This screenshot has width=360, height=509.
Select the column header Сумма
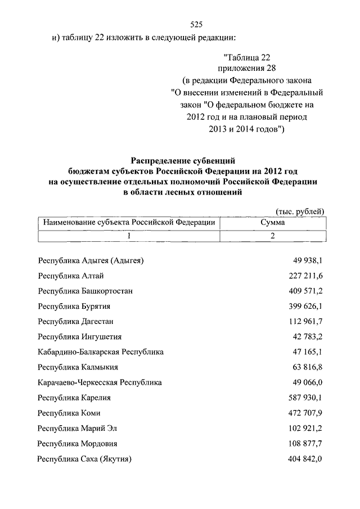tap(272, 223)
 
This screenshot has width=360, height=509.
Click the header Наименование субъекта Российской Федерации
tap(129, 223)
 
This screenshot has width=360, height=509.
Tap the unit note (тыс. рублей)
tap(299, 210)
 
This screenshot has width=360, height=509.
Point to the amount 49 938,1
tap(307, 260)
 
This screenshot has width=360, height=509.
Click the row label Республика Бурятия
tap(74, 306)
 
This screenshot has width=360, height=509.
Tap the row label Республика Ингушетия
tap(79, 336)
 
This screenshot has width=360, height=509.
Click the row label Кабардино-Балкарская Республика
tap(101, 352)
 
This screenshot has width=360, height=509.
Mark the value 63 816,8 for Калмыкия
tap(307, 367)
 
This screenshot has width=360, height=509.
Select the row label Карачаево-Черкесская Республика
tap(100, 382)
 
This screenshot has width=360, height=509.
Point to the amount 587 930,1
tap(305, 398)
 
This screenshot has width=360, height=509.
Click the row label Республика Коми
tap(69, 413)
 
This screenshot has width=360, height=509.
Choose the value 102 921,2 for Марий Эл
tap(305, 428)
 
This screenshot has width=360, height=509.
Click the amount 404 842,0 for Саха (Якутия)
tap(305, 459)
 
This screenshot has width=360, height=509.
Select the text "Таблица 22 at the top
tap(251, 57)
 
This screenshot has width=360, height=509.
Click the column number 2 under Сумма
tap(272, 236)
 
